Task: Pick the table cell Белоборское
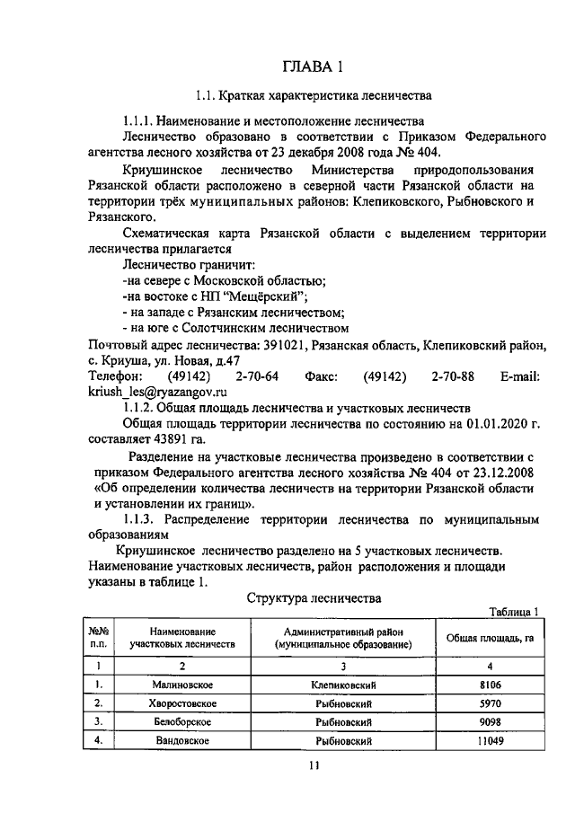coord(181,721)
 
